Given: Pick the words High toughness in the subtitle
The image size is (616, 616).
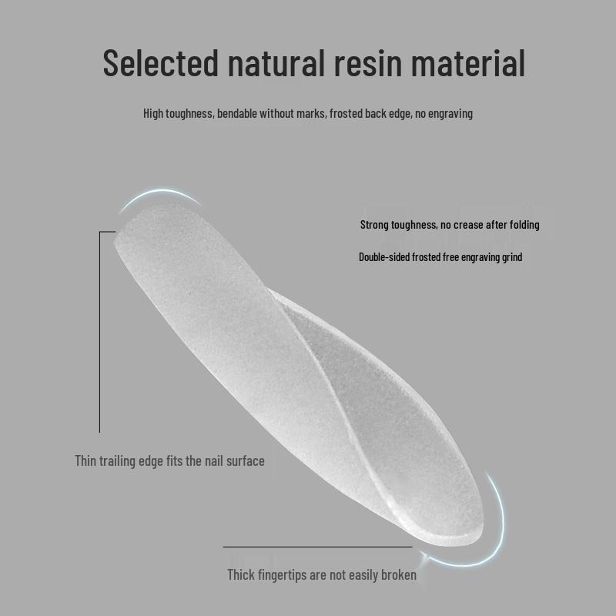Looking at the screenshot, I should tap(178, 113).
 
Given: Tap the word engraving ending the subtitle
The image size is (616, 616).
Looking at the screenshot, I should tap(450, 113).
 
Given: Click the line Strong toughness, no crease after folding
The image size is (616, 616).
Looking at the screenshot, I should tap(450, 225).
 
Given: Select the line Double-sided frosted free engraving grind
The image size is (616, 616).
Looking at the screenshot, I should tap(440, 256).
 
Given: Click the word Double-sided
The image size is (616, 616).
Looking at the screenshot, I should tap(383, 256).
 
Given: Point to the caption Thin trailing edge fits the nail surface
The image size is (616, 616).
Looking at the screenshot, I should tap(169, 461).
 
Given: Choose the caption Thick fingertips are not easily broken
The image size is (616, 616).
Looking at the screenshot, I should tap(322, 574).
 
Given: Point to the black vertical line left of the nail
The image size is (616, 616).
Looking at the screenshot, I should tap(99, 331).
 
